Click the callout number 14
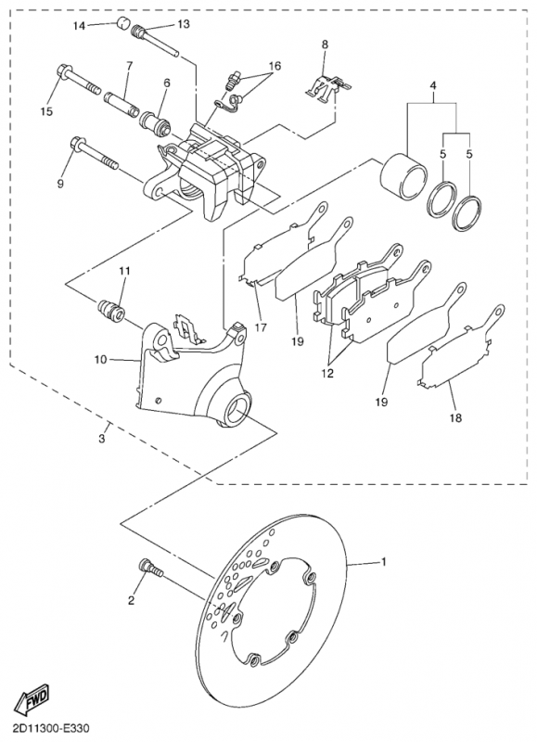coord(79,26)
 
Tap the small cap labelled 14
coord(123,23)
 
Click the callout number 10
coord(100,360)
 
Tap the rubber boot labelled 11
coord(111,311)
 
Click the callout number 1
coord(384,562)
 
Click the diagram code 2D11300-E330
coord(45,727)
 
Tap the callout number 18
coord(455,418)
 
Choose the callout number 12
coord(327,373)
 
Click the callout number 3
coord(102,439)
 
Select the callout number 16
coord(275,66)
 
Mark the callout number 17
coord(261,327)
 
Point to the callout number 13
coord(183,24)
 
